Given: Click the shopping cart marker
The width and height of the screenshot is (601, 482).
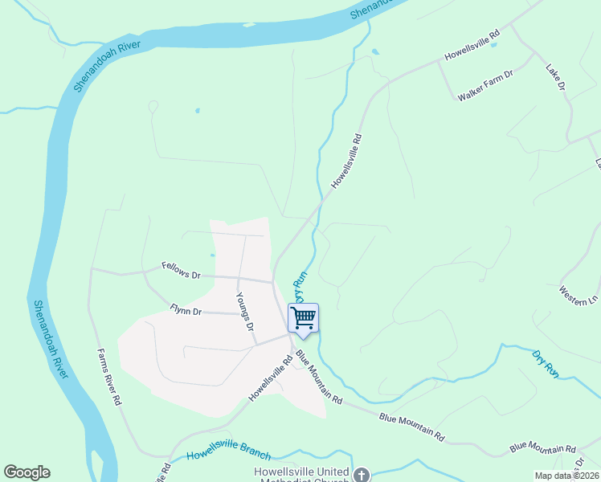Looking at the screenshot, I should [303, 318].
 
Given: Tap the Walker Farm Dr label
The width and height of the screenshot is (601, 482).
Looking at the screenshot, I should [485, 84].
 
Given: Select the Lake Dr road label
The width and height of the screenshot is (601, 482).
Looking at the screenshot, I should [556, 76].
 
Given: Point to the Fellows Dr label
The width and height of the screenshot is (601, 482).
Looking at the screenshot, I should [181, 270].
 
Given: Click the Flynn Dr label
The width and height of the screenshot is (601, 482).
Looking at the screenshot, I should [186, 310].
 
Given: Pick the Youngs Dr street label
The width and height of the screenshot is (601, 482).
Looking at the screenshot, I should [245, 312].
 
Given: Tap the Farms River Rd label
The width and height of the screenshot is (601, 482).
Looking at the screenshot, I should [108, 376].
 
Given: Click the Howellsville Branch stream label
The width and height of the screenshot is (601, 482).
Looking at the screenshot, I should [229, 455].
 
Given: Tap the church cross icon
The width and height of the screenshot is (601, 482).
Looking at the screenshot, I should [362, 476].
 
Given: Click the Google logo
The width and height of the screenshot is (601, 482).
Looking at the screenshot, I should [27, 472].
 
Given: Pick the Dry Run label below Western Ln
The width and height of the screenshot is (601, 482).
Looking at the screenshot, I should [546, 362].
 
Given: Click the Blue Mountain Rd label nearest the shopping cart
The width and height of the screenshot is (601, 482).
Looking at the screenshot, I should [319, 377].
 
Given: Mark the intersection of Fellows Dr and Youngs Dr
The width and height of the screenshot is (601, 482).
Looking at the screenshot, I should [239, 278].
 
